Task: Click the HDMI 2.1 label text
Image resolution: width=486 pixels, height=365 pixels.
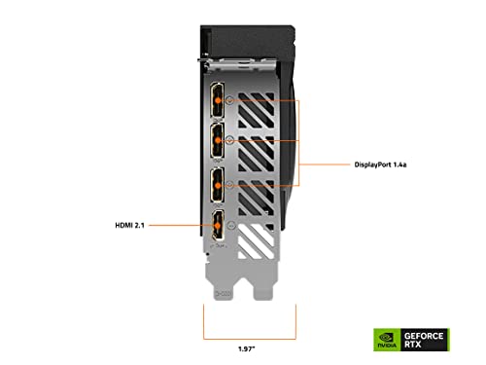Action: [129, 225]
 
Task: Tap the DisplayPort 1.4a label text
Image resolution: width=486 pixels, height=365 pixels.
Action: [380, 164]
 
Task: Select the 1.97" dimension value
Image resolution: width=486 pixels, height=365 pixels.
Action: [247, 349]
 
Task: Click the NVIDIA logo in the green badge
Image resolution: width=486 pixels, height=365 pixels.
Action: [387, 340]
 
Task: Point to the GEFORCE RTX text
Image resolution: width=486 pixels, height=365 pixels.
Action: [424, 340]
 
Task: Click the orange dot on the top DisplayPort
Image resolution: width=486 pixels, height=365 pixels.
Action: [218, 100]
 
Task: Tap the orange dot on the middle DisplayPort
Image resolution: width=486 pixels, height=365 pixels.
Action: [218, 140]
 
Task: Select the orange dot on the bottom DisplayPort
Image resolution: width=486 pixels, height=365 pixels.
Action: [218, 186]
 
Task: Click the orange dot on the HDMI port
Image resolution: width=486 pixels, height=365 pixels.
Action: [218, 225]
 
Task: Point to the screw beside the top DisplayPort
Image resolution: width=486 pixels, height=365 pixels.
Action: [229, 100]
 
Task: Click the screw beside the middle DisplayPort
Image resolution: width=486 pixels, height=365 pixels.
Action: [229, 140]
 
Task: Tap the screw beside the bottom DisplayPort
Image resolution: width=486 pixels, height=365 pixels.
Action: [229, 185]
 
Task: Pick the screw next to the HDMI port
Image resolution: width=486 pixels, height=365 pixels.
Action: [231, 225]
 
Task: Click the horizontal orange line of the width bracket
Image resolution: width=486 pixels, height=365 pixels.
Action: [250, 339]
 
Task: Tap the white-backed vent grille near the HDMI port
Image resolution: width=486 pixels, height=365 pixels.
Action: [256, 240]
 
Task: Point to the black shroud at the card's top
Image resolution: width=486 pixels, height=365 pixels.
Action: [247, 42]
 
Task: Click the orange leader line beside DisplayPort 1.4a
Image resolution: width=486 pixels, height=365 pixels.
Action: [325, 164]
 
